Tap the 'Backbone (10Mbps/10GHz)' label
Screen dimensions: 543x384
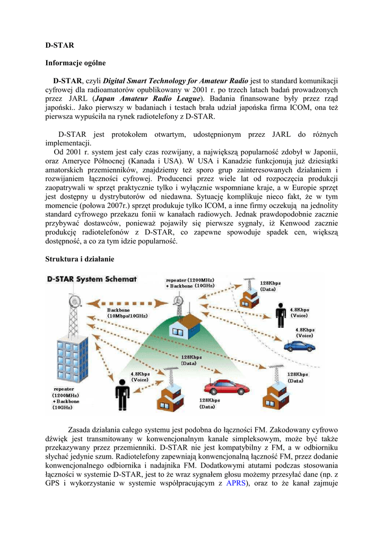pos(127,313)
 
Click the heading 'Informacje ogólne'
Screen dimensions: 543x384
pos(75,63)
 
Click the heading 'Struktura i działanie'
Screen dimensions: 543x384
pos(79,259)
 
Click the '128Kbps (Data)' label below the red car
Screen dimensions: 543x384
pos(210,404)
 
